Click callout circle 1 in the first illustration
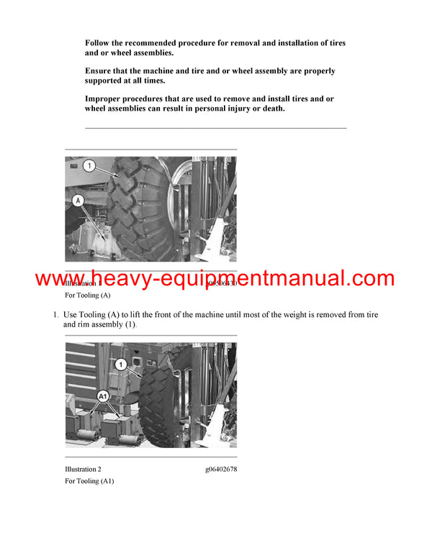click(x=89, y=166)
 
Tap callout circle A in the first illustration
click(x=78, y=201)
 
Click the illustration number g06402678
click(x=220, y=469)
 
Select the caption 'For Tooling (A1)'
click(x=89, y=481)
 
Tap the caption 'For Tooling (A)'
click(x=87, y=296)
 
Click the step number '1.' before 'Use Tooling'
click(x=55, y=315)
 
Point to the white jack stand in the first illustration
click(x=101, y=241)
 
